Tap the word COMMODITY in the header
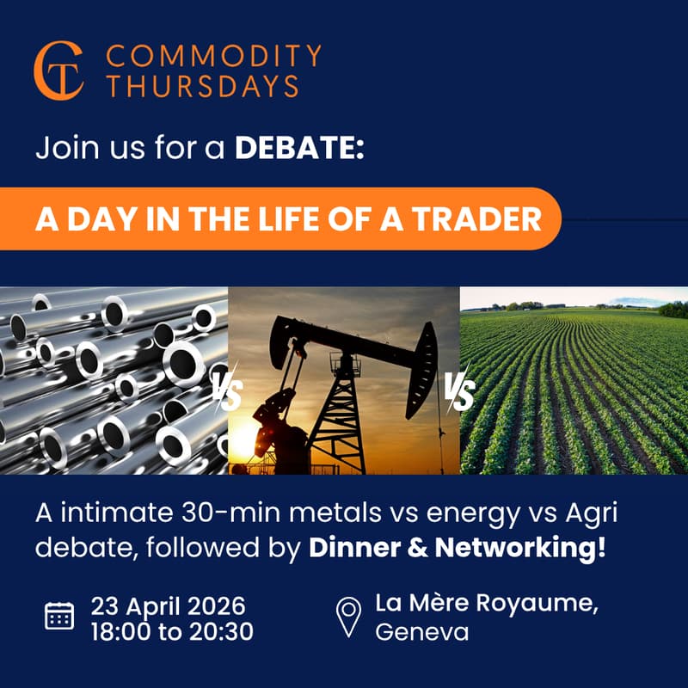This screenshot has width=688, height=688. click(x=212, y=57)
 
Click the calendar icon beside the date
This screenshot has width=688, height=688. click(x=59, y=616)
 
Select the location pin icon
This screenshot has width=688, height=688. click(x=347, y=617)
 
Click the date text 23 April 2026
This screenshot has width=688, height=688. click(x=169, y=604)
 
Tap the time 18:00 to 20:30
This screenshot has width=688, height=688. click(x=172, y=632)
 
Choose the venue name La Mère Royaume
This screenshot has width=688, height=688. click(x=487, y=604)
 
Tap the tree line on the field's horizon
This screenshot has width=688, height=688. click(x=593, y=305)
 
